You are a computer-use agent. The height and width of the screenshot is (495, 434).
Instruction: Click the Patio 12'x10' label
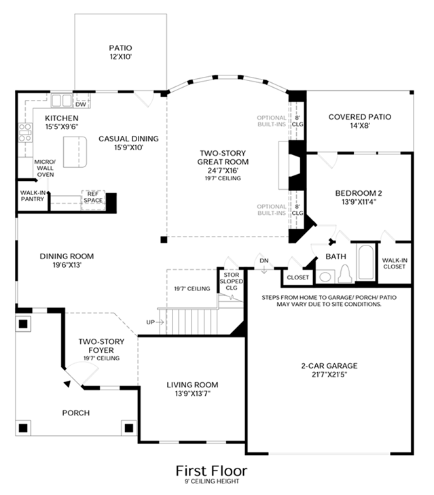tap(120, 52)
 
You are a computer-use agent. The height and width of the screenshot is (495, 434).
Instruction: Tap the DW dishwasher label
tap(81, 105)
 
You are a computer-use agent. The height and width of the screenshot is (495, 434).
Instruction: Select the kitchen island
tap(75, 152)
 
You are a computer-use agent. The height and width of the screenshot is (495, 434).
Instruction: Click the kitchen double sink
tap(62, 101)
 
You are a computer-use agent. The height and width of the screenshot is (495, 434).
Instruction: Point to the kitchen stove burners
tap(25, 133)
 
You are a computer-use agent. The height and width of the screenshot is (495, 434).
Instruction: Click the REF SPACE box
tap(93, 200)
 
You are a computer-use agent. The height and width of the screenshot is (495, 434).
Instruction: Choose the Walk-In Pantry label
tap(33, 196)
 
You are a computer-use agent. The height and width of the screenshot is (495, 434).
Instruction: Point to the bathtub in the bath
tap(366, 262)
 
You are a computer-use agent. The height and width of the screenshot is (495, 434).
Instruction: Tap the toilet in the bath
tap(345, 273)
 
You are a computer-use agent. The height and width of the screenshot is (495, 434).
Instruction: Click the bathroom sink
tap(325, 277)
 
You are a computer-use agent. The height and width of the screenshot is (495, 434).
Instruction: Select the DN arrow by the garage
tap(264, 269)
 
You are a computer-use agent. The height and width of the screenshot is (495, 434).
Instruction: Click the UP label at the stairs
tap(151, 322)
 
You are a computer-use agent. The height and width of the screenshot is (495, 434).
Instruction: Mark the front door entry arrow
tap(67, 383)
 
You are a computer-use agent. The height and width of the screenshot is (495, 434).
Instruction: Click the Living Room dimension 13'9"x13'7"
tap(192, 394)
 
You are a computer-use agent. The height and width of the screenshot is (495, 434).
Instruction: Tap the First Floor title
tap(211, 471)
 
